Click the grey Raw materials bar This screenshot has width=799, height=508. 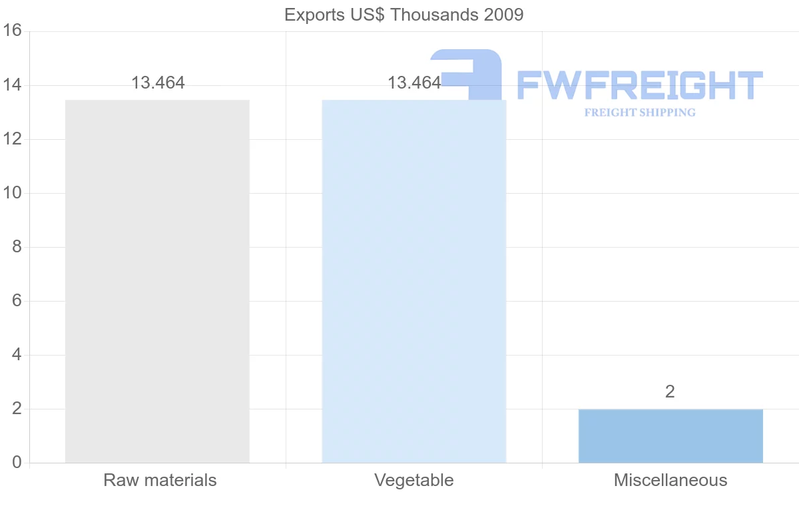[157, 281]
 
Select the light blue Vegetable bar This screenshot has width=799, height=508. [413, 281]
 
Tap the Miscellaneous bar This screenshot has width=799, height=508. [670, 436]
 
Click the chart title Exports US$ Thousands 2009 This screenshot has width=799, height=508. [403, 15]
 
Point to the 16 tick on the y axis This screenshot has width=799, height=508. [13, 31]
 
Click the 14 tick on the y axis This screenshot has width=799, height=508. [13, 85]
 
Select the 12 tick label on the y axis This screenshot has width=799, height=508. [13, 139]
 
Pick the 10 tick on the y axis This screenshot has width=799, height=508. [13, 193]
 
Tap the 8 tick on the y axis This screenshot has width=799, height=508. [17, 247]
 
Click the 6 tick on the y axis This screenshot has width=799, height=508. [17, 301]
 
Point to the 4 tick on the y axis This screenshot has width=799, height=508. [17, 355]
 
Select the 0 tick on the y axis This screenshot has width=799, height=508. [17, 463]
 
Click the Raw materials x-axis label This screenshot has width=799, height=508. [160, 480]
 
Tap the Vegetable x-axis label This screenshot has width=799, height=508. [413, 480]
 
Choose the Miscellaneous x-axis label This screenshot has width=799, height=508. [670, 480]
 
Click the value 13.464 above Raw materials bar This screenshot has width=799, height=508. [158, 83]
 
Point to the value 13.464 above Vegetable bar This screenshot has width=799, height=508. [414, 83]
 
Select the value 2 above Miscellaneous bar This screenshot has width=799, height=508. [670, 392]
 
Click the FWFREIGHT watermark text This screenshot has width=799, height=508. [639, 86]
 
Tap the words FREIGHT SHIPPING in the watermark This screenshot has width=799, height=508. [639, 113]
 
